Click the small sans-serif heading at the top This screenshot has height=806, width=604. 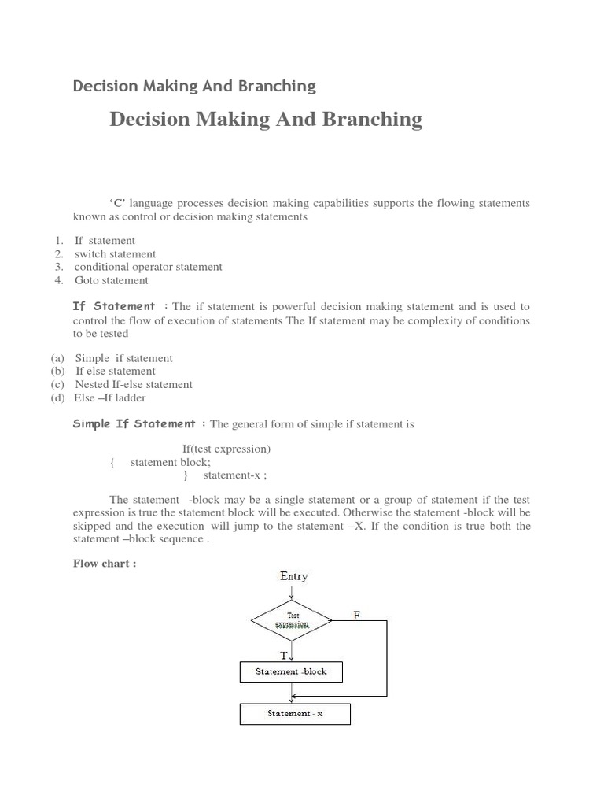click(194, 86)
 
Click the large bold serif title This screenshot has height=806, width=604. click(266, 120)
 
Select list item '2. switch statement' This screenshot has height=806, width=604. click(115, 254)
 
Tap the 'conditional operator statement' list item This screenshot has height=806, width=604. click(148, 267)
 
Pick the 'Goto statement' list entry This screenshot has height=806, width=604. click(111, 280)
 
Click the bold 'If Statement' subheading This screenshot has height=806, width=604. click(114, 306)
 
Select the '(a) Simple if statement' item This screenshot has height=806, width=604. click(123, 358)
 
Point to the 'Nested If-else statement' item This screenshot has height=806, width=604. click(134, 384)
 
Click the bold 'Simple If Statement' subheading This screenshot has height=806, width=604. click(134, 423)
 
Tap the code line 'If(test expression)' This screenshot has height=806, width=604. click(226, 449)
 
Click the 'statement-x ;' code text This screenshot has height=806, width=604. click(235, 475)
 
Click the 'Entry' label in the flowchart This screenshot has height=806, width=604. click(294, 576)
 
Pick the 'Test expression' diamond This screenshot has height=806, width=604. click(293, 620)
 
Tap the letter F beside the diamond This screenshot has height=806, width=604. click(356, 616)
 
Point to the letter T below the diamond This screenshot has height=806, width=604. click(283, 655)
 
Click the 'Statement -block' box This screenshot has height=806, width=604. click(291, 672)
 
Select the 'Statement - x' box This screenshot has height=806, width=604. click(294, 714)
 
